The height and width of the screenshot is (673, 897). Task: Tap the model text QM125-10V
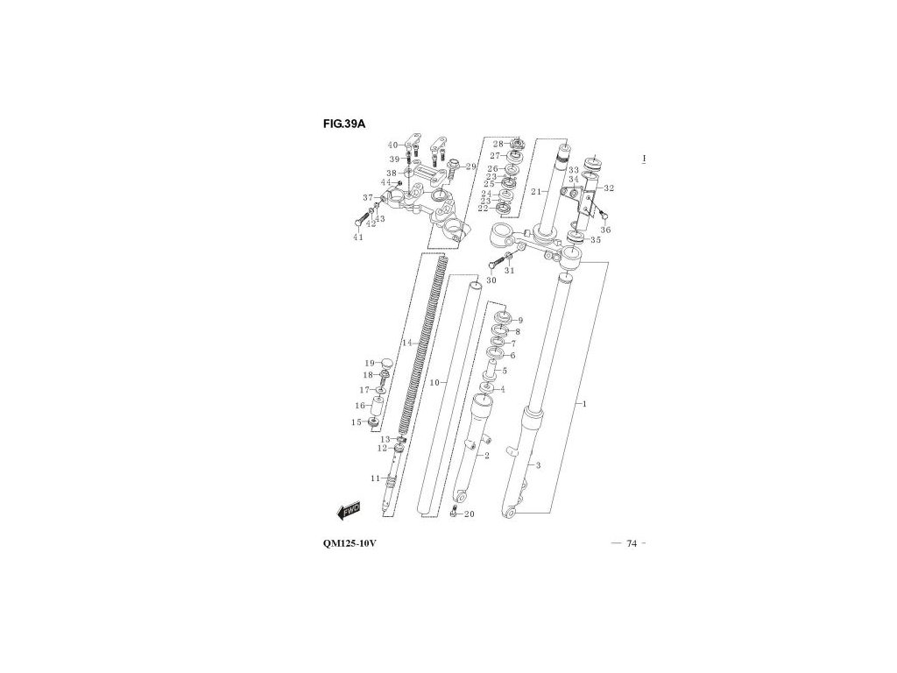click(350, 544)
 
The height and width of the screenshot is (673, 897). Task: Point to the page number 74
click(632, 544)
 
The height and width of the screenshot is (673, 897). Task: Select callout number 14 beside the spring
click(406, 343)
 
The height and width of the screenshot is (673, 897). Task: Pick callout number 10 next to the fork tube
click(434, 383)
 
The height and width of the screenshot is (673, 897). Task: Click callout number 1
click(583, 404)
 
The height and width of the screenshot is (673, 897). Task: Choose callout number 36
click(605, 230)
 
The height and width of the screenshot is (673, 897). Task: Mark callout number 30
click(491, 280)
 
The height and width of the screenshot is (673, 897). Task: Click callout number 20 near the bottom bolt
click(469, 514)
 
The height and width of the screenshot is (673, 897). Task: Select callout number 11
click(375, 478)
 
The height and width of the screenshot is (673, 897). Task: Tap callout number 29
click(470, 166)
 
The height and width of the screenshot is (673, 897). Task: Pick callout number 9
click(519, 321)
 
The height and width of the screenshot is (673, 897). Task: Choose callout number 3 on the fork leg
click(539, 465)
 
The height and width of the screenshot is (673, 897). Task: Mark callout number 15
click(357, 422)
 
